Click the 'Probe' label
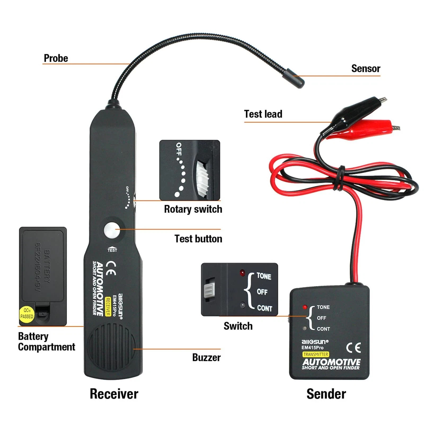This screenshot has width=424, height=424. click(56, 58)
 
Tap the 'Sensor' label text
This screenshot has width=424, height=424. click(365, 68)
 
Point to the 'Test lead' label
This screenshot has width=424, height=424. click(263, 114)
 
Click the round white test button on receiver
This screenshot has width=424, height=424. click(111, 231)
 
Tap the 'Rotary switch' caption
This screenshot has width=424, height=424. click(193, 209)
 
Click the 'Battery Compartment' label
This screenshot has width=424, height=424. click(46, 342)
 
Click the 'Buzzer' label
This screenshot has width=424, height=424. click(206, 357)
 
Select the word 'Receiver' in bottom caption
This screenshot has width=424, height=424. click(114, 394)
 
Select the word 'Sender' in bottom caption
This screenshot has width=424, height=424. click(326, 394)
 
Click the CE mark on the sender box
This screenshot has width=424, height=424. click(354, 347)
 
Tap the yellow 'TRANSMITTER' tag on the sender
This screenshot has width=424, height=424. click(316, 354)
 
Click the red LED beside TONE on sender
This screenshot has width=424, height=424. click(305, 307)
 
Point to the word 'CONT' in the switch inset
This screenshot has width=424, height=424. click(264, 308)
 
